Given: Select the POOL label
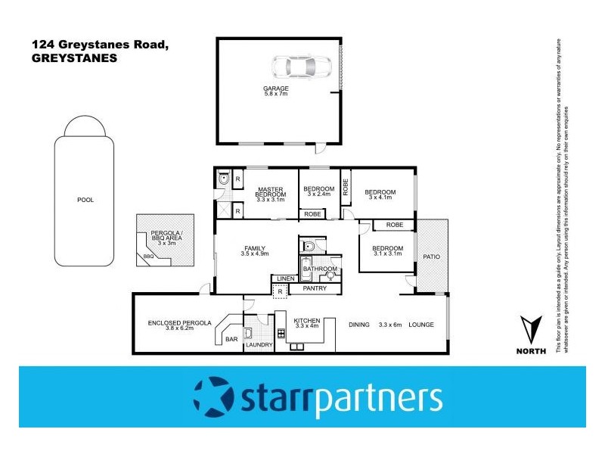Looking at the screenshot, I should (x=85, y=200).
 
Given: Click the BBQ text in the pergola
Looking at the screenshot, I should (x=147, y=257).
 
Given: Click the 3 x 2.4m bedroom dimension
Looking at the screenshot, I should (x=318, y=194).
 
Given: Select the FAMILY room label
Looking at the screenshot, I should (x=255, y=248).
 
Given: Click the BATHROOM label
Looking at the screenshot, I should (x=320, y=268).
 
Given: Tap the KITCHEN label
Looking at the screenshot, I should (x=306, y=319).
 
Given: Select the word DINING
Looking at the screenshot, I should (x=358, y=325).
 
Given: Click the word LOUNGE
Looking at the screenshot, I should (x=421, y=325).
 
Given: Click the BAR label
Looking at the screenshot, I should (x=231, y=340).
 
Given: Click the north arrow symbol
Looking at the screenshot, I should (x=531, y=329).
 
